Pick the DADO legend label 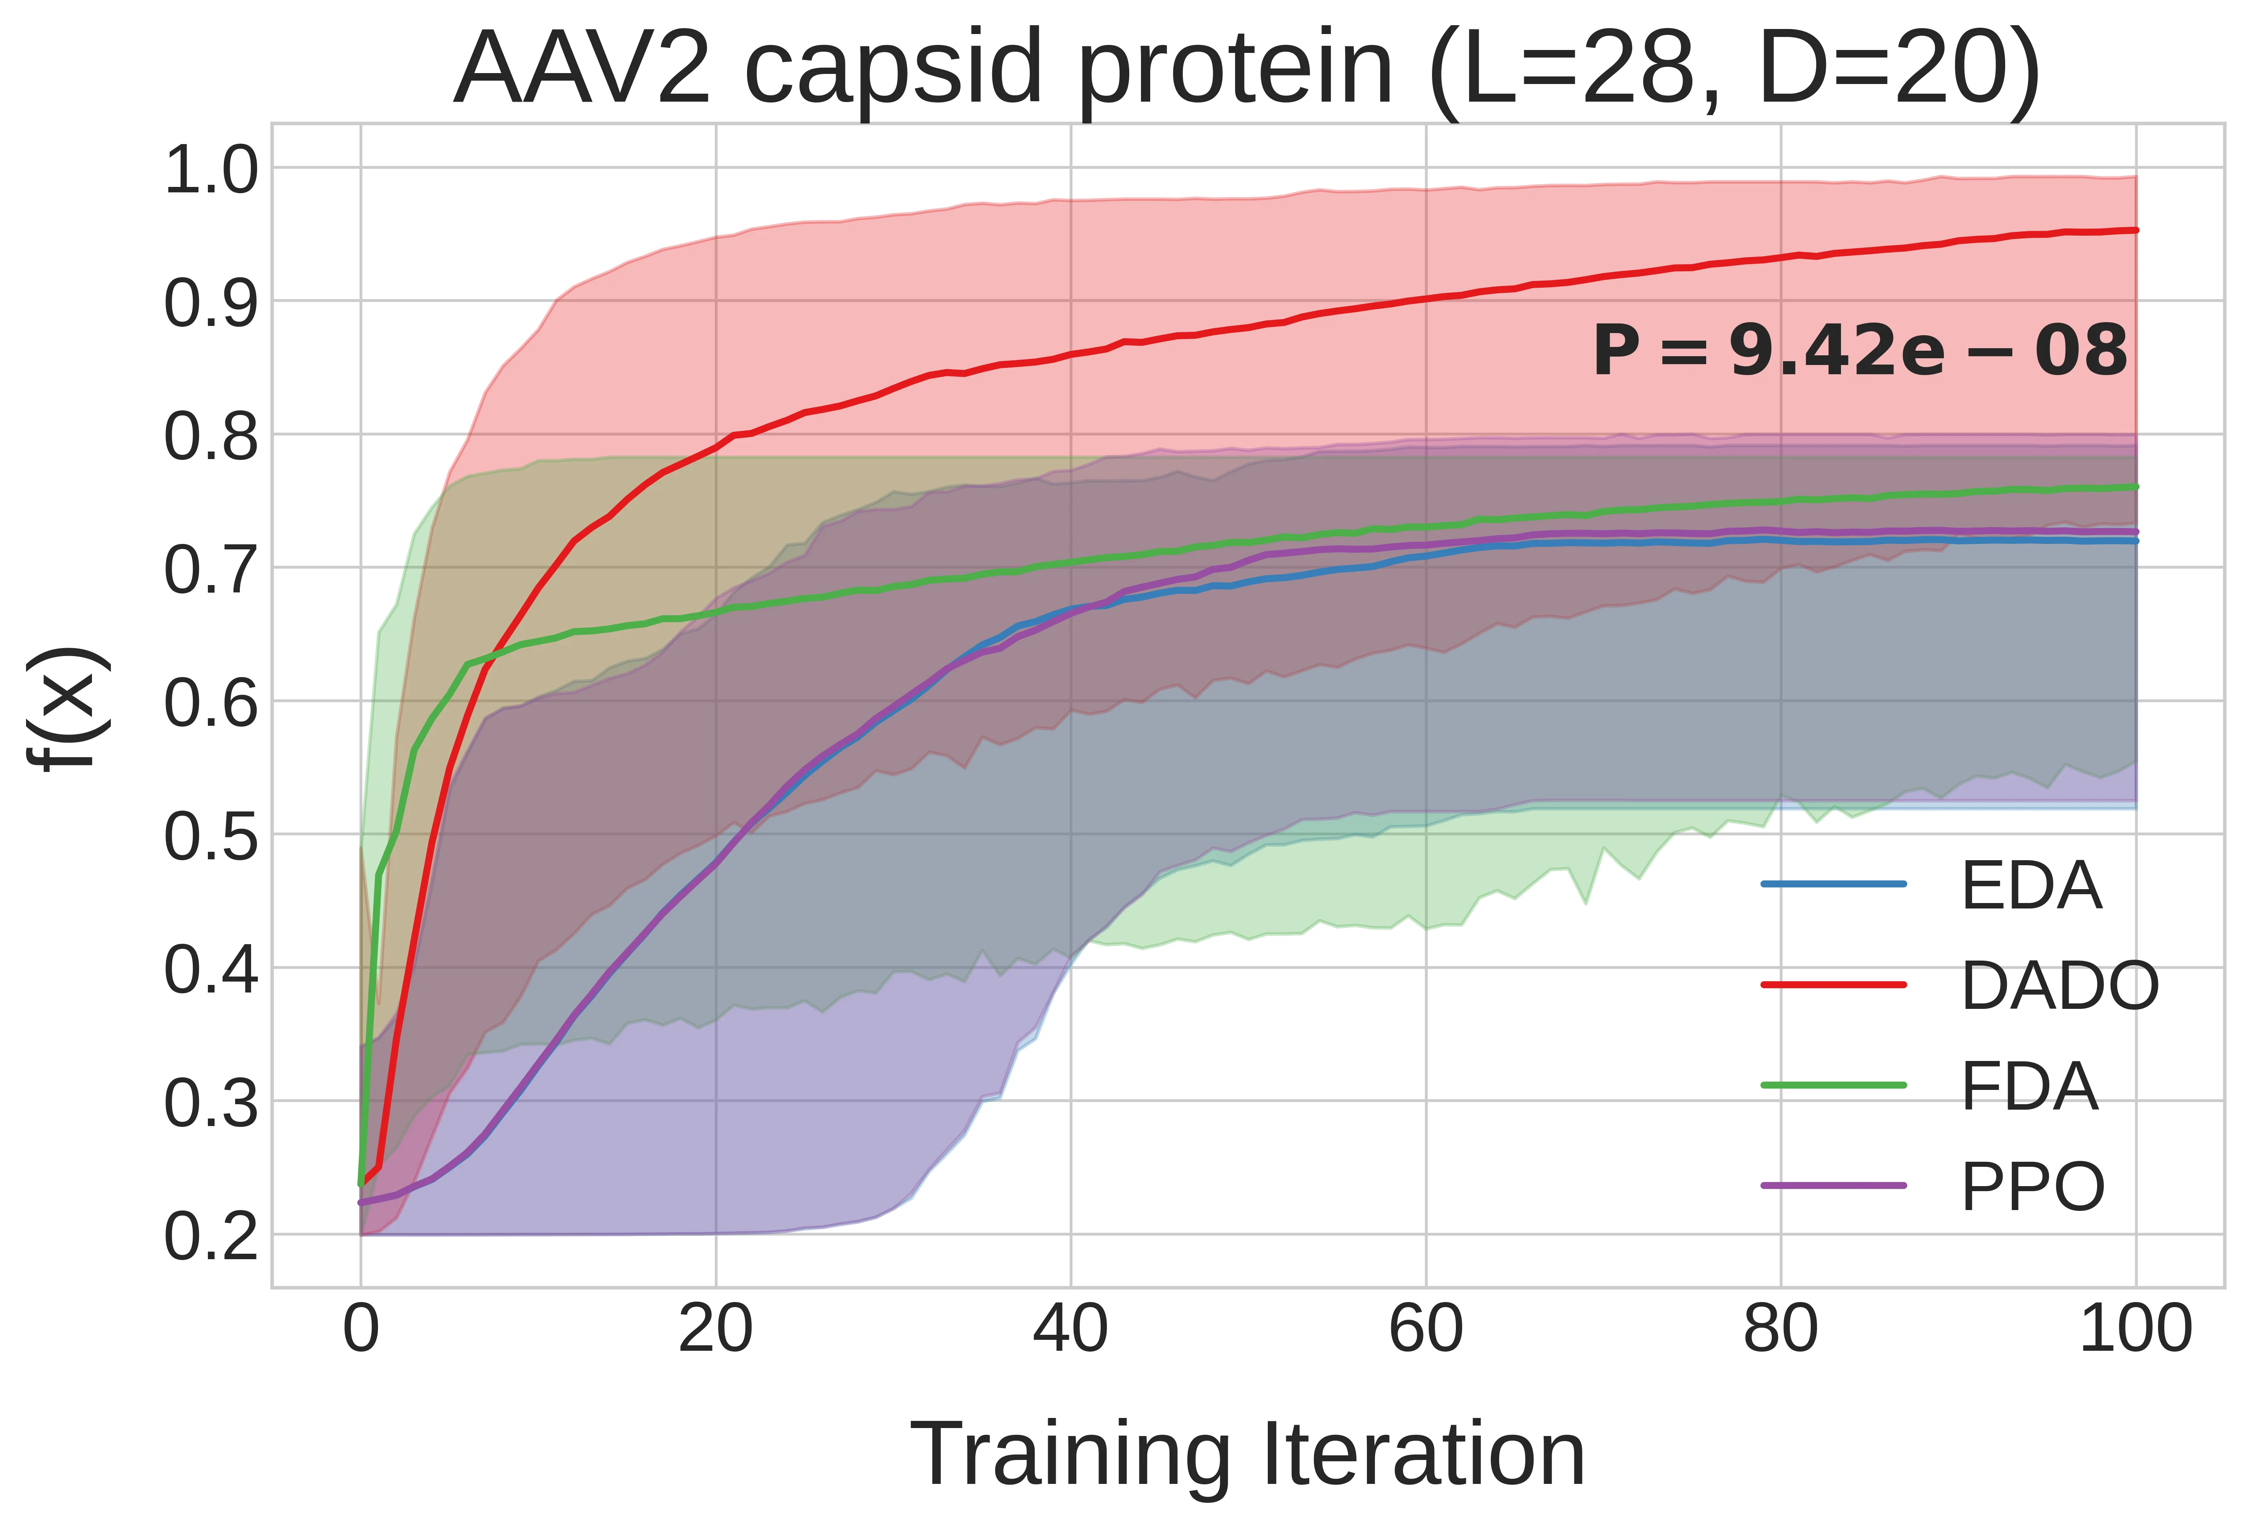pos(2059,986)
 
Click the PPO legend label pos(2032,1187)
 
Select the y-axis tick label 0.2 pos(211,1237)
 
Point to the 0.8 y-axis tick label pos(211,437)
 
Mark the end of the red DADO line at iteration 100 pos(2136,231)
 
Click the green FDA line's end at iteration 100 pos(2136,487)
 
